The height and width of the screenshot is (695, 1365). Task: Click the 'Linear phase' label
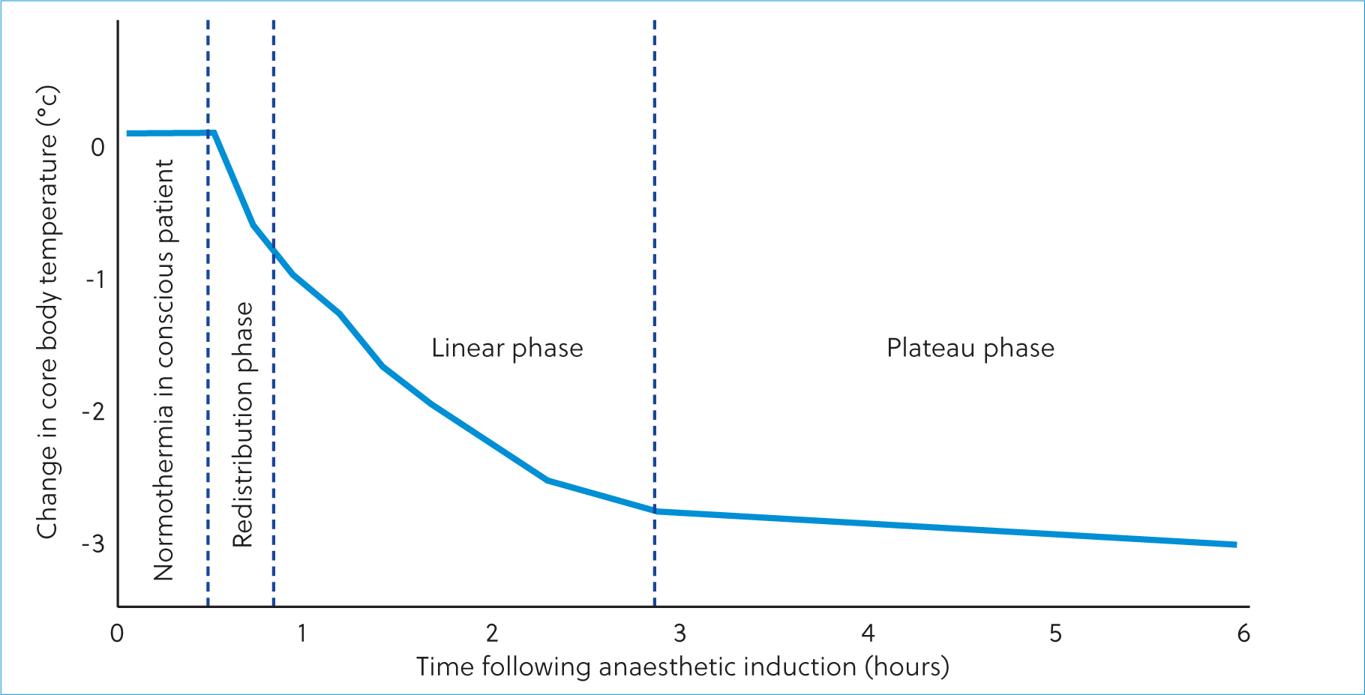(x=507, y=349)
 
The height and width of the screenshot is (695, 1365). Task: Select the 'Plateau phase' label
(x=970, y=349)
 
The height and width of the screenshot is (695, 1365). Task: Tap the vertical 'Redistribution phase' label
(x=243, y=424)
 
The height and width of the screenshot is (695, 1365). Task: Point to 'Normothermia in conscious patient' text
(x=163, y=370)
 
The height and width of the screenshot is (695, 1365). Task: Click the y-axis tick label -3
(x=94, y=544)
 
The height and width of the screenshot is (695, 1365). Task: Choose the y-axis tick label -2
(x=94, y=412)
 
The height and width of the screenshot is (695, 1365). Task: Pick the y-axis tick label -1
(x=95, y=280)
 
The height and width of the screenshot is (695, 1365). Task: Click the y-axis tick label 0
(x=97, y=147)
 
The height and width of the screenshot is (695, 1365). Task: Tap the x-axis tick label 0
(x=117, y=634)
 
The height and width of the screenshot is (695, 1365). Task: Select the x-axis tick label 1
(x=301, y=634)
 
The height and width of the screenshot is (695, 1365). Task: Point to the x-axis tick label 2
(x=492, y=634)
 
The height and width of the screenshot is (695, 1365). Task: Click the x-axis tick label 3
(x=679, y=634)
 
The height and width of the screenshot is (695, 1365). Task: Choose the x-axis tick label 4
(x=868, y=634)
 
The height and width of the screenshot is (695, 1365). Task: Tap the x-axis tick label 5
(x=1055, y=634)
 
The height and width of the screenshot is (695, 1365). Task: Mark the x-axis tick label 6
(x=1243, y=634)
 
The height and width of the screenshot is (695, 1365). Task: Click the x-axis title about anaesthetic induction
(x=682, y=667)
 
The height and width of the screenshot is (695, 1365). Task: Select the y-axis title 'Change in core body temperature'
(x=47, y=312)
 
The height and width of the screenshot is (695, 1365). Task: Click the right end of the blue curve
(x=1236, y=544)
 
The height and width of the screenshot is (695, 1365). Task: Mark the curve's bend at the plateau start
(x=655, y=511)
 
